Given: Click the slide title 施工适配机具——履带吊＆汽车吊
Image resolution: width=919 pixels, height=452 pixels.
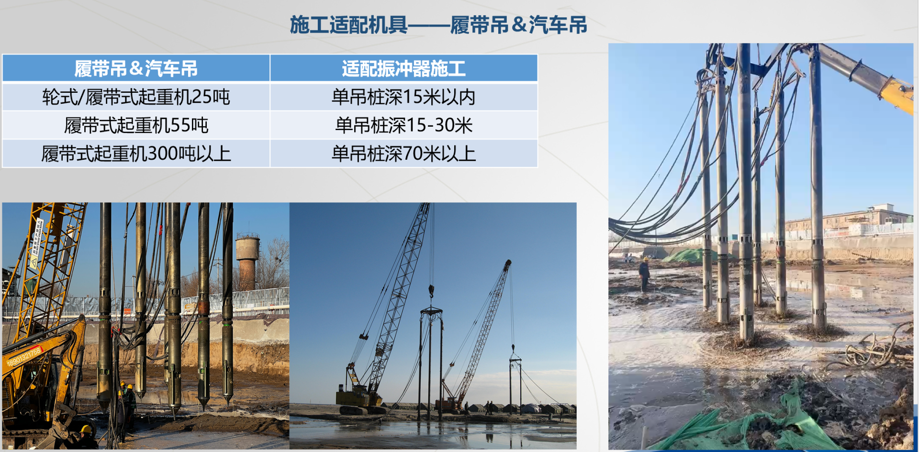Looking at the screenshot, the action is (438, 25).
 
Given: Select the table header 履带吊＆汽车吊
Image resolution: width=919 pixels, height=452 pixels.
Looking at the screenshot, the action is (136, 68).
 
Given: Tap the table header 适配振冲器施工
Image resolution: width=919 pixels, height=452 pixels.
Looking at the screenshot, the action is (403, 68).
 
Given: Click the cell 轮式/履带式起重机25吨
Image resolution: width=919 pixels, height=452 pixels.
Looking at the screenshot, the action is (136, 97).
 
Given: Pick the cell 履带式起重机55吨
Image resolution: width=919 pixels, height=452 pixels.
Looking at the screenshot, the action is (136, 125).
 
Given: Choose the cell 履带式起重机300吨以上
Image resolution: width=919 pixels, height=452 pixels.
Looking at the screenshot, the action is (136, 154).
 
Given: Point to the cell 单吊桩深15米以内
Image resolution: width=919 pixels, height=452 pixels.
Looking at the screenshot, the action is (403, 97).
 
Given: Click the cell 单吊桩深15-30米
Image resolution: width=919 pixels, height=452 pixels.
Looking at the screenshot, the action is (403, 125).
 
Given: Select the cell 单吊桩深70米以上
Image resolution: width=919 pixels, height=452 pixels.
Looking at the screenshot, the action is (403, 154).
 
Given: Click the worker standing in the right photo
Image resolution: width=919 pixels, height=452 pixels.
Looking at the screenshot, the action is (645, 274).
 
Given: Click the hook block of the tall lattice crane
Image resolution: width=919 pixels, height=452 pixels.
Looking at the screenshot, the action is (431, 290).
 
